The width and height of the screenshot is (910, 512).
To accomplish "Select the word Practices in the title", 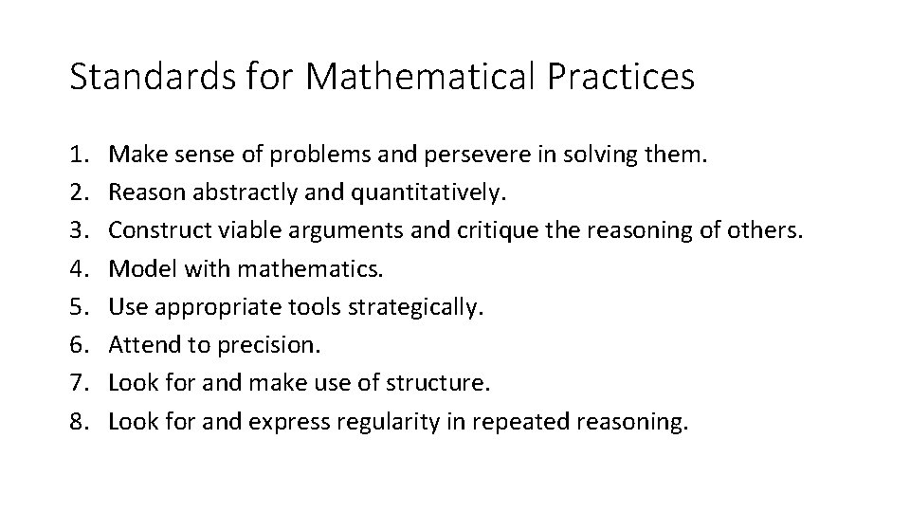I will [x=626, y=77].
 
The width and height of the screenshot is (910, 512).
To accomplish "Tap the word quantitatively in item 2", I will [x=429, y=193].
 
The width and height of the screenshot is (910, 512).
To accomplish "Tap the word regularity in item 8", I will [x=385, y=423].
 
